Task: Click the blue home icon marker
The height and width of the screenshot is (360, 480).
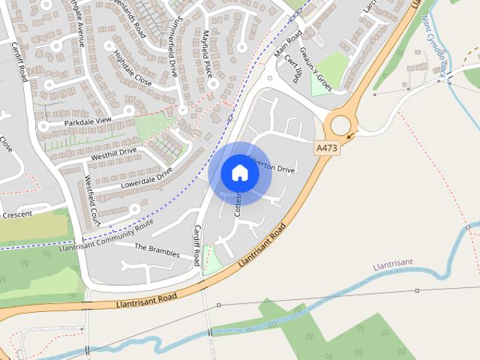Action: (x=240, y=172)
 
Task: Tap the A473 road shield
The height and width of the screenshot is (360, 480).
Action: (x=327, y=148)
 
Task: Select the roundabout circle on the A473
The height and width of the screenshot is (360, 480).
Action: (x=341, y=124)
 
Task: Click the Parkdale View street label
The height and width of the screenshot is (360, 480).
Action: (x=87, y=121)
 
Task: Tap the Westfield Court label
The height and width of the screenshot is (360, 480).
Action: (x=91, y=200)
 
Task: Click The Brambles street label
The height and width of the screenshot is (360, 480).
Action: (x=157, y=250)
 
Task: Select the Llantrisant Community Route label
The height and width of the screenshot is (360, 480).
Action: (x=106, y=234)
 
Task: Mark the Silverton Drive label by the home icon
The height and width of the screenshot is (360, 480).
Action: (x=274, y=169)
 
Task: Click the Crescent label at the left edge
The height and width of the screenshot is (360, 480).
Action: (x=16, y=214)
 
